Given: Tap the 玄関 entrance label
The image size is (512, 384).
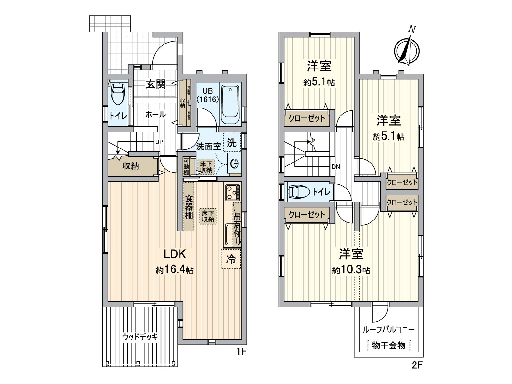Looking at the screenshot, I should [x=156, y=84].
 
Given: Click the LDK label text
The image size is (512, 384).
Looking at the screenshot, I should [x=175, y=254].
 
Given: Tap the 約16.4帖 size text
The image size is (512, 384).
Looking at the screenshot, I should [x=175, y=270].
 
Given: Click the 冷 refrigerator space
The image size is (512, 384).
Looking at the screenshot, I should [x=231, y=259].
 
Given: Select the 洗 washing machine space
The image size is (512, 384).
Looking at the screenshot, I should [x=232, y=143].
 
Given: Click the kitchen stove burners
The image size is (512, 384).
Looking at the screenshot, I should [x=233, y=193].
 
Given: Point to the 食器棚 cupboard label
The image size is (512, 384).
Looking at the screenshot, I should [x=189, y=207].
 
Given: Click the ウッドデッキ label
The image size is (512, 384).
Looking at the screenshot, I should [x=140, y=337].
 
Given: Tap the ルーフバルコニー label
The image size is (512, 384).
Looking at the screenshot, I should [x=388, y=330].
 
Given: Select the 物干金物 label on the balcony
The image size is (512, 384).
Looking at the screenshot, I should [x=388, y=346].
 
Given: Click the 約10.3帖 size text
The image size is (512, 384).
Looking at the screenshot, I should [x=351, y=270].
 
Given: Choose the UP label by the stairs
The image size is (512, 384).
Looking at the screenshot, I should [x=159, y=142].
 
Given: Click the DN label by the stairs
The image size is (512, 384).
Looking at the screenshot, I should [x=336, y=167].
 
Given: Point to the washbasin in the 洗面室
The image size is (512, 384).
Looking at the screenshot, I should [x=234, y=164].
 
